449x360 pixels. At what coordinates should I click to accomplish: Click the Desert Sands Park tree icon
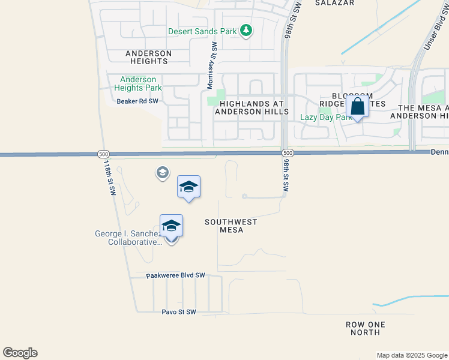(x=246, y=30)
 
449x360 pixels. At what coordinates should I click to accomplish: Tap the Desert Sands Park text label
(x=203, y=31)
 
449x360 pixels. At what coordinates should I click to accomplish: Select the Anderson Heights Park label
(x=138, y=83)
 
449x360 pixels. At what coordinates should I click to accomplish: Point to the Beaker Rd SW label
(x=137, y=101)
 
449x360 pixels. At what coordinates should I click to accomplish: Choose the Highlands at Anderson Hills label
(x=252, y=107)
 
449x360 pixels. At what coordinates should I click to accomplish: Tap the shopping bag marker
(x=357, y=107)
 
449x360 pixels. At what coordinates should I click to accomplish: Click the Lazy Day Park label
(x=326, y=117)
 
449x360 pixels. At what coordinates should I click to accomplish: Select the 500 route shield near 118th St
(x=103, y=154)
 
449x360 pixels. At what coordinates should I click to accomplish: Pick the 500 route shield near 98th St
(x=288, y=154)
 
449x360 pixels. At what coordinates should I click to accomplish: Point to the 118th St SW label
(x=109, y=177)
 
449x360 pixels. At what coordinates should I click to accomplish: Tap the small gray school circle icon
(x=161, y=173)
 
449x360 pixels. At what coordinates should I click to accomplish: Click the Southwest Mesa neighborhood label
(x=231, y=226)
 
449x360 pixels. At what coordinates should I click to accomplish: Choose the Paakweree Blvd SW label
(x=176, y=275)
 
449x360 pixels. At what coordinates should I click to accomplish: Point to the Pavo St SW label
(x=179, y=312)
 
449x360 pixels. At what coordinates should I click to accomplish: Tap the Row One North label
(x=366, y=328)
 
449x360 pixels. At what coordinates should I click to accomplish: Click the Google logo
(x=20, y=353)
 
